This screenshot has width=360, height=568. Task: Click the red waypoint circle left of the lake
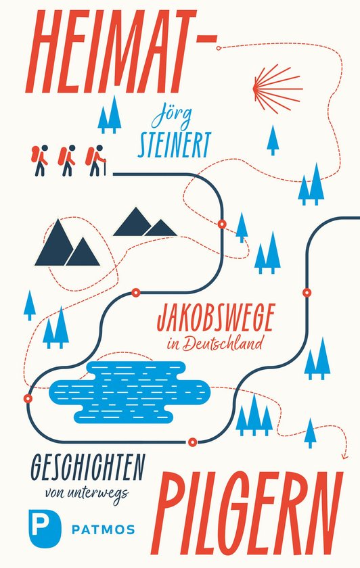point(28,398)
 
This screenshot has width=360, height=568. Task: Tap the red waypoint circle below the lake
point(193,443)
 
